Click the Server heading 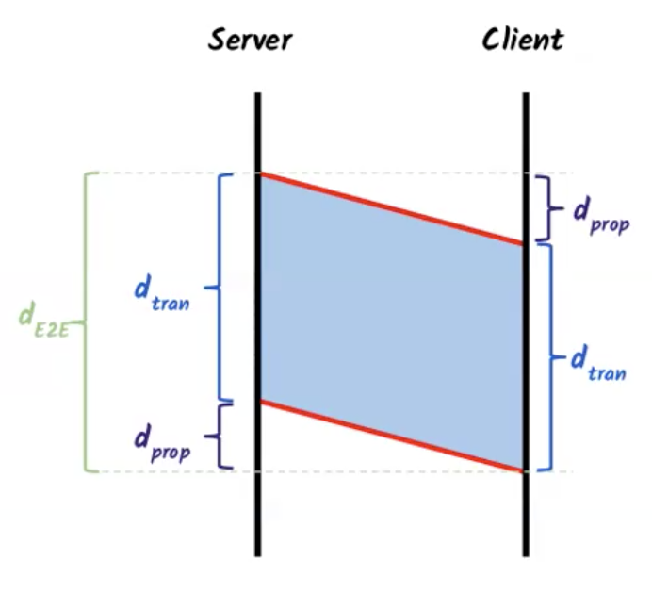[250, 40]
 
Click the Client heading [522, 40]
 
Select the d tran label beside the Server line [161, 294]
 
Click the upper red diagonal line [391, 208]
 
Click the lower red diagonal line [391, 436]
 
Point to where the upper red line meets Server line [259, 174]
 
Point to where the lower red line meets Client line [523, 470]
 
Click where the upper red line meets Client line [523, 243]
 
